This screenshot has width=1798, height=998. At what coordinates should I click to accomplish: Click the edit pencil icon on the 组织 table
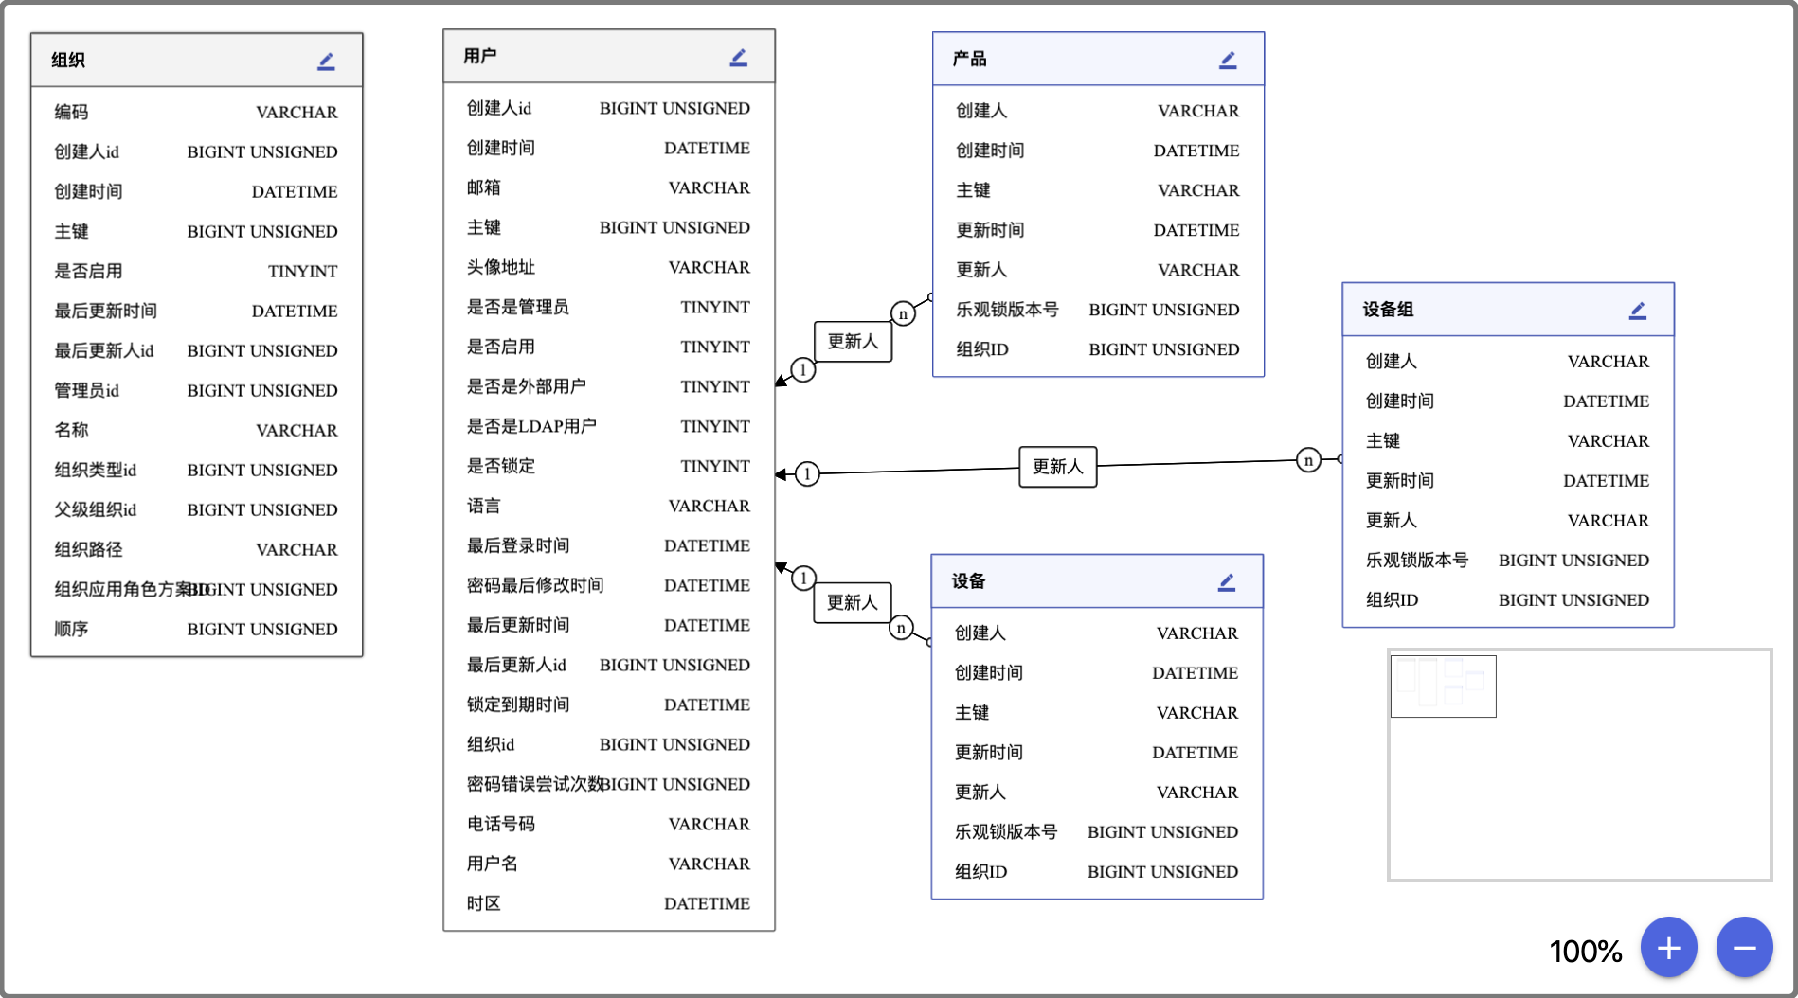tap(326, 62)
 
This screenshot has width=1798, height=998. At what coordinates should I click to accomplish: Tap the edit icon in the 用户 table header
tap(739, 58)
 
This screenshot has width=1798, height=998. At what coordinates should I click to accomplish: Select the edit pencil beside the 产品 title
tap(1228, 61)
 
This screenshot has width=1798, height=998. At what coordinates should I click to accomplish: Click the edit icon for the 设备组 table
tap(1638, 311)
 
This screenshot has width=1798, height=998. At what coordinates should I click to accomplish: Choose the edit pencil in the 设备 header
tap(1227, 582)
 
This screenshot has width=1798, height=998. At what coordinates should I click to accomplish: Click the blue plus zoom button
tap(1668, 947)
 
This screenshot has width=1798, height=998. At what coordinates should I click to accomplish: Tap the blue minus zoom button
tap(1744, 947)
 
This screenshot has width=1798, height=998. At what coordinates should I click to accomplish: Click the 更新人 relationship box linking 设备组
tap(1057, 467)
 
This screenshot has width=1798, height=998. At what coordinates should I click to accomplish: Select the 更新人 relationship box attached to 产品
tap(853, 341)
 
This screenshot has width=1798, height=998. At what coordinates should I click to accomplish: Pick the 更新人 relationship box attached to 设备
tap(852, 602)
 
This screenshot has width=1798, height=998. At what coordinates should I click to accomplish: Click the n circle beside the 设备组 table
tap(1308, 461)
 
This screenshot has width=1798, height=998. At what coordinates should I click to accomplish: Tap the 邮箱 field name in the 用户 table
tap(484, 187)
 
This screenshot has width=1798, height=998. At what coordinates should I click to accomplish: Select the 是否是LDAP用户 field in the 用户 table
tap(531, 426)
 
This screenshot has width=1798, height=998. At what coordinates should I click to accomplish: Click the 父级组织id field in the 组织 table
tap(96, 509)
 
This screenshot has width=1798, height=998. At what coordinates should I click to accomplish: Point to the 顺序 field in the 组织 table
tap(71, 629)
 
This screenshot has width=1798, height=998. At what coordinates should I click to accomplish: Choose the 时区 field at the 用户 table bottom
tap(484, 903)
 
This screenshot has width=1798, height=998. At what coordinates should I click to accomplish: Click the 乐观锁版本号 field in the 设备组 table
tap(1416, 560)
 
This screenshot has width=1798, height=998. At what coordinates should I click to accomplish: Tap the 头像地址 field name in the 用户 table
tap(501, 267)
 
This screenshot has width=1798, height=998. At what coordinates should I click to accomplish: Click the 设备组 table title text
tap(1388, 310)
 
